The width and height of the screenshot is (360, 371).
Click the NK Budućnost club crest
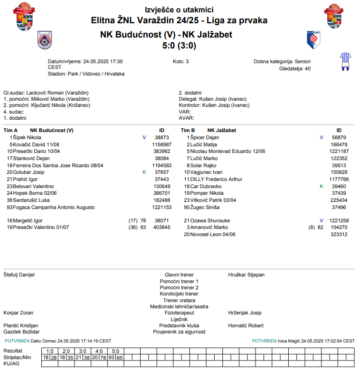(x=44, y=40)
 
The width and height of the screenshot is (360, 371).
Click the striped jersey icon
(x=345, y=62)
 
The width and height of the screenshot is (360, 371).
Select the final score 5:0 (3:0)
(x=180, y=46)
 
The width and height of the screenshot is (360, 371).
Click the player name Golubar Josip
(x=28, y=172)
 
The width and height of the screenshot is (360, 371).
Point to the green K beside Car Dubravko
(x=322, y=186)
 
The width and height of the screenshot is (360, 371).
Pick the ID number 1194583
(x=161, y=165)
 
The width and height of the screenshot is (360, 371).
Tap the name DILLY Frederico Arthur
(x=216, y=179)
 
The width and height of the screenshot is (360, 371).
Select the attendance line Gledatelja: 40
(x=294, y=68)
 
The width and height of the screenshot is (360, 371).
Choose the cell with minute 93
(x=111, y=357)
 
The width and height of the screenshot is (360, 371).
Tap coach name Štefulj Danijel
(x=19, y=275)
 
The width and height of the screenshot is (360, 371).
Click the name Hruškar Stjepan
(x=246, y=275)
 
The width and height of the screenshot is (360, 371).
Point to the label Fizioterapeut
(x=179, y=313)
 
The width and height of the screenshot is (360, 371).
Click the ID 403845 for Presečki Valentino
(x=161, y=228)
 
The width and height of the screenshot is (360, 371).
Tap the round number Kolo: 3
(x=181, y=61)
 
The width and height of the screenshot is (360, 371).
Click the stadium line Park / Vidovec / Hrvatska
(x=86, y=74)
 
